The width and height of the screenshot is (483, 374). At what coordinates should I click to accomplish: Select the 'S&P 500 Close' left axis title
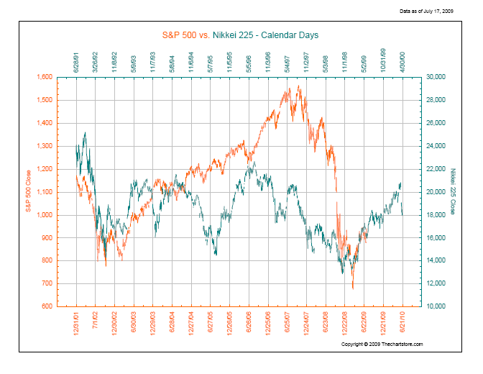pos(29,191)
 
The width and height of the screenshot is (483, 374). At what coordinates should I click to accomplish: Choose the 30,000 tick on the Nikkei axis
pos(436,77)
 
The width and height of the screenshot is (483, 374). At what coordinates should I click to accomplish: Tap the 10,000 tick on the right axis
pos(436,306)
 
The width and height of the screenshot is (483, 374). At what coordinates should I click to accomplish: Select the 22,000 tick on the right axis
pos(436,169)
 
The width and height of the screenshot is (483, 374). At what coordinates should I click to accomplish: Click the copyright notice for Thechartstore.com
pos(382,345)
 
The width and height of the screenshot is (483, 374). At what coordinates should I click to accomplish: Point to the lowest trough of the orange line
pos(353,288)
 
